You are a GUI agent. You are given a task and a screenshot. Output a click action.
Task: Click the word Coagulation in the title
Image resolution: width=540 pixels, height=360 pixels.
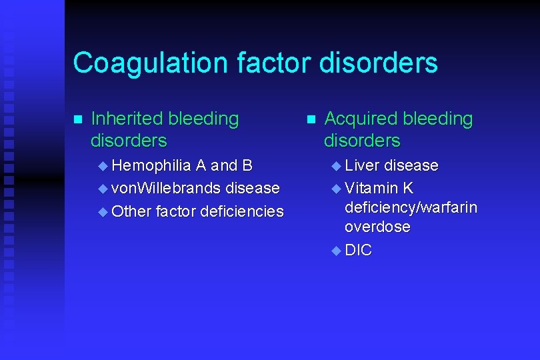[x=150, y=63]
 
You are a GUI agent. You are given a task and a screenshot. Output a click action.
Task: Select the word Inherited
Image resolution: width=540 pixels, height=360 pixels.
[x=127, y=119]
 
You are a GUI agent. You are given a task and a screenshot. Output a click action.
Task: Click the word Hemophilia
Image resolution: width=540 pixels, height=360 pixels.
[x=152, y=165]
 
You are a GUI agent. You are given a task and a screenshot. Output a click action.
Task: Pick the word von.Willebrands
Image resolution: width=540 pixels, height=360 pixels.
[x=166, y=189]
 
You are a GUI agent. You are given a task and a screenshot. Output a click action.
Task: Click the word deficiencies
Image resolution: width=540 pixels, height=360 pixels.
[x=242, y=212]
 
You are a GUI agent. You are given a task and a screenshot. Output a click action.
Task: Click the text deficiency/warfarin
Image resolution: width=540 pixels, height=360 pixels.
[x=411, y=208]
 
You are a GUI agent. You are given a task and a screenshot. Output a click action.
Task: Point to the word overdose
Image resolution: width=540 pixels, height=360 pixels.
[x=377, y=227]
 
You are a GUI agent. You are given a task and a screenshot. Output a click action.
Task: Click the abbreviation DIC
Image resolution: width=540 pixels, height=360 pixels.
[x=359, y=251]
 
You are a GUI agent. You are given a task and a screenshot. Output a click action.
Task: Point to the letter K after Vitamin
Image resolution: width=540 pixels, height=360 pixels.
[x=408, y=188]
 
